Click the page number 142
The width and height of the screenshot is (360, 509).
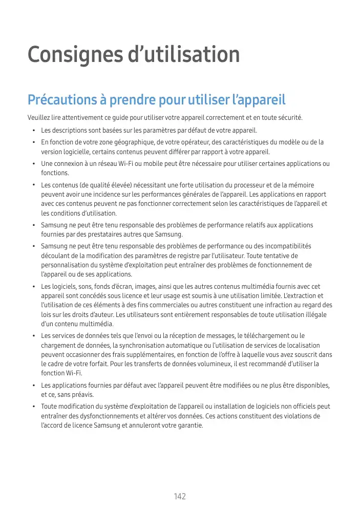point(180,496)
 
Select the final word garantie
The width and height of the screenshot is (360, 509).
point(189,425)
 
